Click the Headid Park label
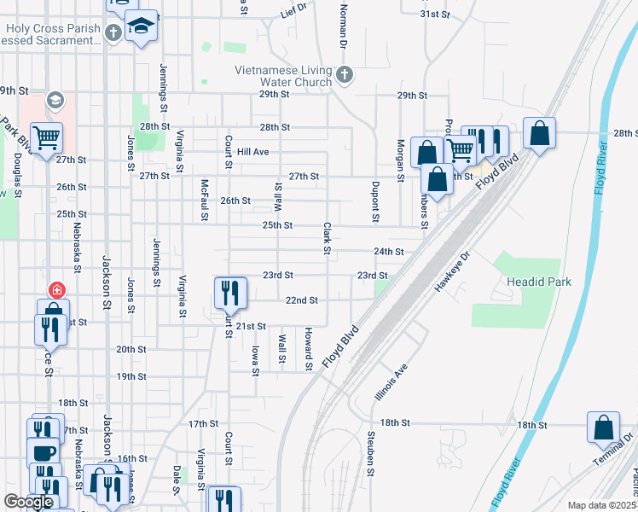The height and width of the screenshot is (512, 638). click(538, 282)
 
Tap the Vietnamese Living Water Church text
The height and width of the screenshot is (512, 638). click(284, 76)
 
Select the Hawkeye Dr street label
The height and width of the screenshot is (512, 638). click(452, 272)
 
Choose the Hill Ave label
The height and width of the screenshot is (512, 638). click(253, 151)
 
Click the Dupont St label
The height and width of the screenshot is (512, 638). click(374, 201)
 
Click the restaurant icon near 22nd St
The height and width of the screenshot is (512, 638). click(230, 293)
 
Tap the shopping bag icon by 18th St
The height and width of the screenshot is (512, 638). click(603, 427)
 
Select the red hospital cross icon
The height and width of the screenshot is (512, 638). click(57, 290)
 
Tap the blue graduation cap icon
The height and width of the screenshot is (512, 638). click(142, 25)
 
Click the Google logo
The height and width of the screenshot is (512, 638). click(28, 503)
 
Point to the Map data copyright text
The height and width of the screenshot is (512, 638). click(601, 505)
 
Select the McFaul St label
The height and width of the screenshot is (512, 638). click(204, 200)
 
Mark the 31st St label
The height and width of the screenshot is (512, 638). click(434, 15)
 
